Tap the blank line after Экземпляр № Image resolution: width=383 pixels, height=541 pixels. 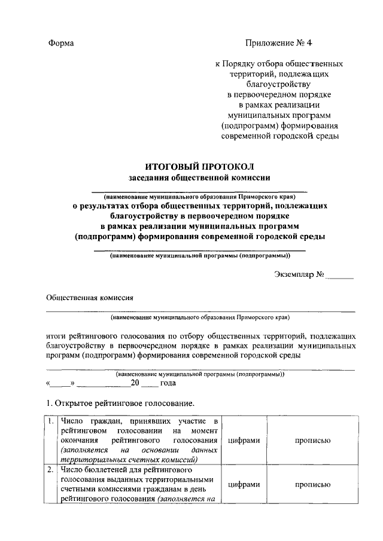point(340,276)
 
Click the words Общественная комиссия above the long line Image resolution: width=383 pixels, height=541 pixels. point(90,297)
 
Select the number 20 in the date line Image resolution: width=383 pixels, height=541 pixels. point(135,384)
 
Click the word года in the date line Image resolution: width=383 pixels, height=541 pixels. point(168,384)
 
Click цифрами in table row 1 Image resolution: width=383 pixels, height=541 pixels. point(244,441)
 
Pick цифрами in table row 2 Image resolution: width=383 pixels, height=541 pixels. point(244,485)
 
